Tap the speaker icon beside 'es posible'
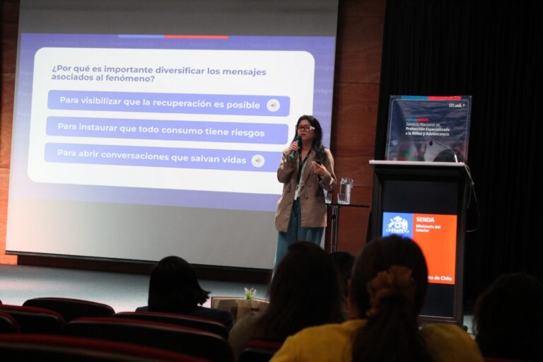pyautogui.click(x=273, y=105)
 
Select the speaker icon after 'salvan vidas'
pyautogui.click(x=257, y=160)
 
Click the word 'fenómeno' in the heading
pyautogui.click(x=132, y=78)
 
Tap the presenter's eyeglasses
pyautogui.click(x=305, y=128)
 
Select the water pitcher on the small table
pyautogui.click(x=346, y=189)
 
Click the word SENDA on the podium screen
pyautogui.click(x=424, y=219)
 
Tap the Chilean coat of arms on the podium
pyautogui.click(x=397, y=225)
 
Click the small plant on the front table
pyautogui.click(x=250, y=293)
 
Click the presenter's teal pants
pyautogui.click(x=292, y=237)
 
